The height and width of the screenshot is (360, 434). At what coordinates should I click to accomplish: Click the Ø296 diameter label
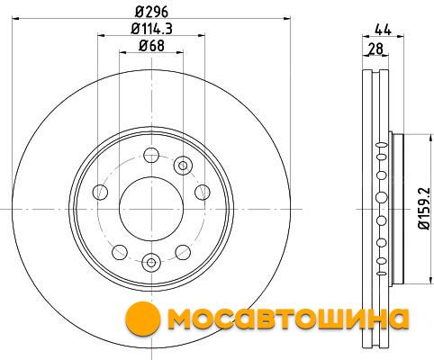coord(151,12)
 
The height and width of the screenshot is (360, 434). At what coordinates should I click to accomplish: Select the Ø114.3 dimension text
coord(151,29)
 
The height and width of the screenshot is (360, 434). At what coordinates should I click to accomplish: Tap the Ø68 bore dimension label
coord(151,46)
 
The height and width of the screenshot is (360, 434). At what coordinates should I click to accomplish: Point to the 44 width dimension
coord(383,30)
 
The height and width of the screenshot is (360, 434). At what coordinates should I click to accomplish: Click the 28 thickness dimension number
coord(376,49)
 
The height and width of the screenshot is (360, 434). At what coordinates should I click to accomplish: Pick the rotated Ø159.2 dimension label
coord(425,209)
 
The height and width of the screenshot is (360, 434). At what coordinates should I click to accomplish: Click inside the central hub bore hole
coord(151,209)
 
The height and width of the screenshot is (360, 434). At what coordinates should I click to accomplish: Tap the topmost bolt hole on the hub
coord(151,155)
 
